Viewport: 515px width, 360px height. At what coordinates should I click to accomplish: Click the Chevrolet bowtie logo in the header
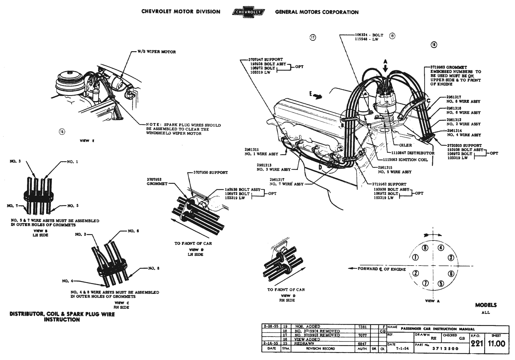[248, 12]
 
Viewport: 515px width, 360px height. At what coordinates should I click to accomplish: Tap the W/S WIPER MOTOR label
[156, 52]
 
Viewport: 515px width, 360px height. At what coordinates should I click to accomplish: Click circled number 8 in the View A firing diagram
[425, 248]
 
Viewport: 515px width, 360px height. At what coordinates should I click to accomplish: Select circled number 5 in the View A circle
[441, 283]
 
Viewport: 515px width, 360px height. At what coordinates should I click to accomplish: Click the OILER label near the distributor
[406, 145]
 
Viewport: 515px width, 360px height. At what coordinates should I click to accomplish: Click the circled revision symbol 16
[62, 131]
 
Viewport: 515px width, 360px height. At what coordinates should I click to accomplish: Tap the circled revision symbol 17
[313, 38]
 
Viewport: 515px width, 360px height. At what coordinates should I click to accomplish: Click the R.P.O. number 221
[477, 344]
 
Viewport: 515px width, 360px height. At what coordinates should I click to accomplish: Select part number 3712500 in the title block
[445, 349]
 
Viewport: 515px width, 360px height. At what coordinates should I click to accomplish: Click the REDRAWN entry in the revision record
[305, 343]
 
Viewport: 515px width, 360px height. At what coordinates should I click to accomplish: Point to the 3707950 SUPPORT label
[211, 172]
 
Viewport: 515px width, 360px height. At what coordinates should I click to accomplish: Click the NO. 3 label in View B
[15, 161]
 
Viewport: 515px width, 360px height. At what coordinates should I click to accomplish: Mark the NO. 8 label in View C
[154, 268]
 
